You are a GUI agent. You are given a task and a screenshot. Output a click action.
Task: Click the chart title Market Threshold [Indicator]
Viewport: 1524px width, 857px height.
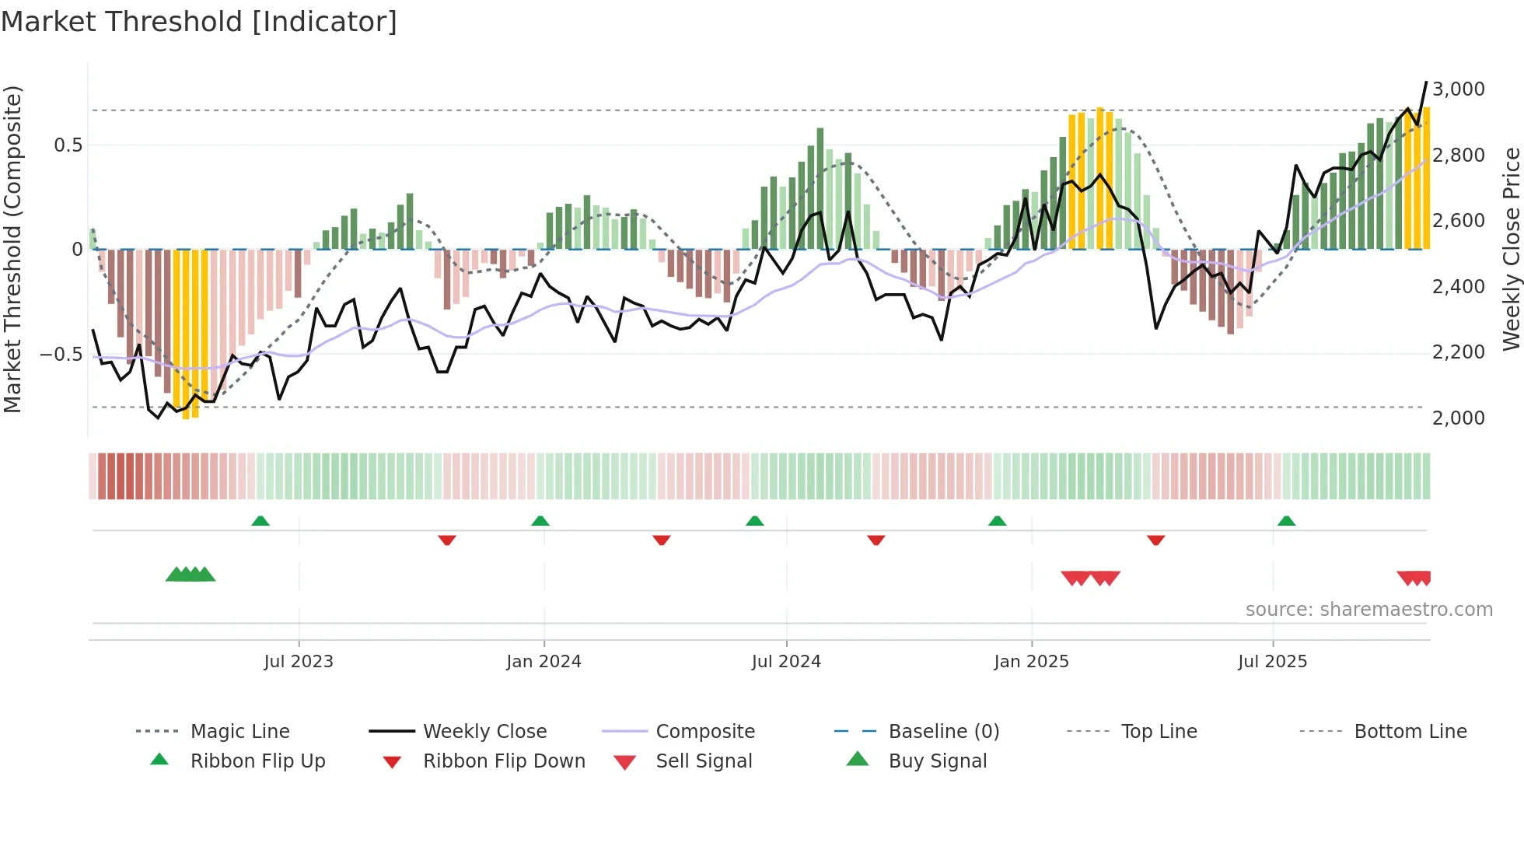pos(199,22)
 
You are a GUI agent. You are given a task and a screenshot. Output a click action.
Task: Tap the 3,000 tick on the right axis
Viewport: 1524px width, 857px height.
pos(1458,89)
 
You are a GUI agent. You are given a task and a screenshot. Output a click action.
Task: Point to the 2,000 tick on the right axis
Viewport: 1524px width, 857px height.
pos(1458,418)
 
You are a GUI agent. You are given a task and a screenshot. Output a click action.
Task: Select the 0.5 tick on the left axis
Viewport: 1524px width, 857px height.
pos(68,145)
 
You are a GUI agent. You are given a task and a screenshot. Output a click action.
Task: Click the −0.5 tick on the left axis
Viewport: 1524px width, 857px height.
pos(61,355)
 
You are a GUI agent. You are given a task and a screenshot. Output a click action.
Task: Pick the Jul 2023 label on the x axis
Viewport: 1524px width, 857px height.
pos(298,662)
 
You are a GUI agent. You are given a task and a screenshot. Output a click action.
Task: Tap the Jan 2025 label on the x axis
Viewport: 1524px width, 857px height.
pos(1031,662)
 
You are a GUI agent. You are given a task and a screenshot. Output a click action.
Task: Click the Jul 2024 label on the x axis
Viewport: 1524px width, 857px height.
pos(786,662)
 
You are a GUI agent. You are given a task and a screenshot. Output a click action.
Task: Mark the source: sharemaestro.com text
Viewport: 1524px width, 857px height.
pos(1368,610)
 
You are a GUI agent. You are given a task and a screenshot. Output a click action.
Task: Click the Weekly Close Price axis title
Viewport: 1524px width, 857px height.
pos(1511,249)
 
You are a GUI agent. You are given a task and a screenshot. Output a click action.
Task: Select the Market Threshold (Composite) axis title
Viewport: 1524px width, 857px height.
pos(12,249)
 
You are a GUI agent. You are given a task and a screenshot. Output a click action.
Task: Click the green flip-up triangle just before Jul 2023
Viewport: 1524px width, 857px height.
pos(260,521)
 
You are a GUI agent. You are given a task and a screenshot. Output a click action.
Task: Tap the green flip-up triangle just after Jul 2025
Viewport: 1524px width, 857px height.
pos(1286,521)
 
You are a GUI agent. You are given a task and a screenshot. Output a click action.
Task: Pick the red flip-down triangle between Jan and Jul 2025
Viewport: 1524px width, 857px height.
pos(1155,540)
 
